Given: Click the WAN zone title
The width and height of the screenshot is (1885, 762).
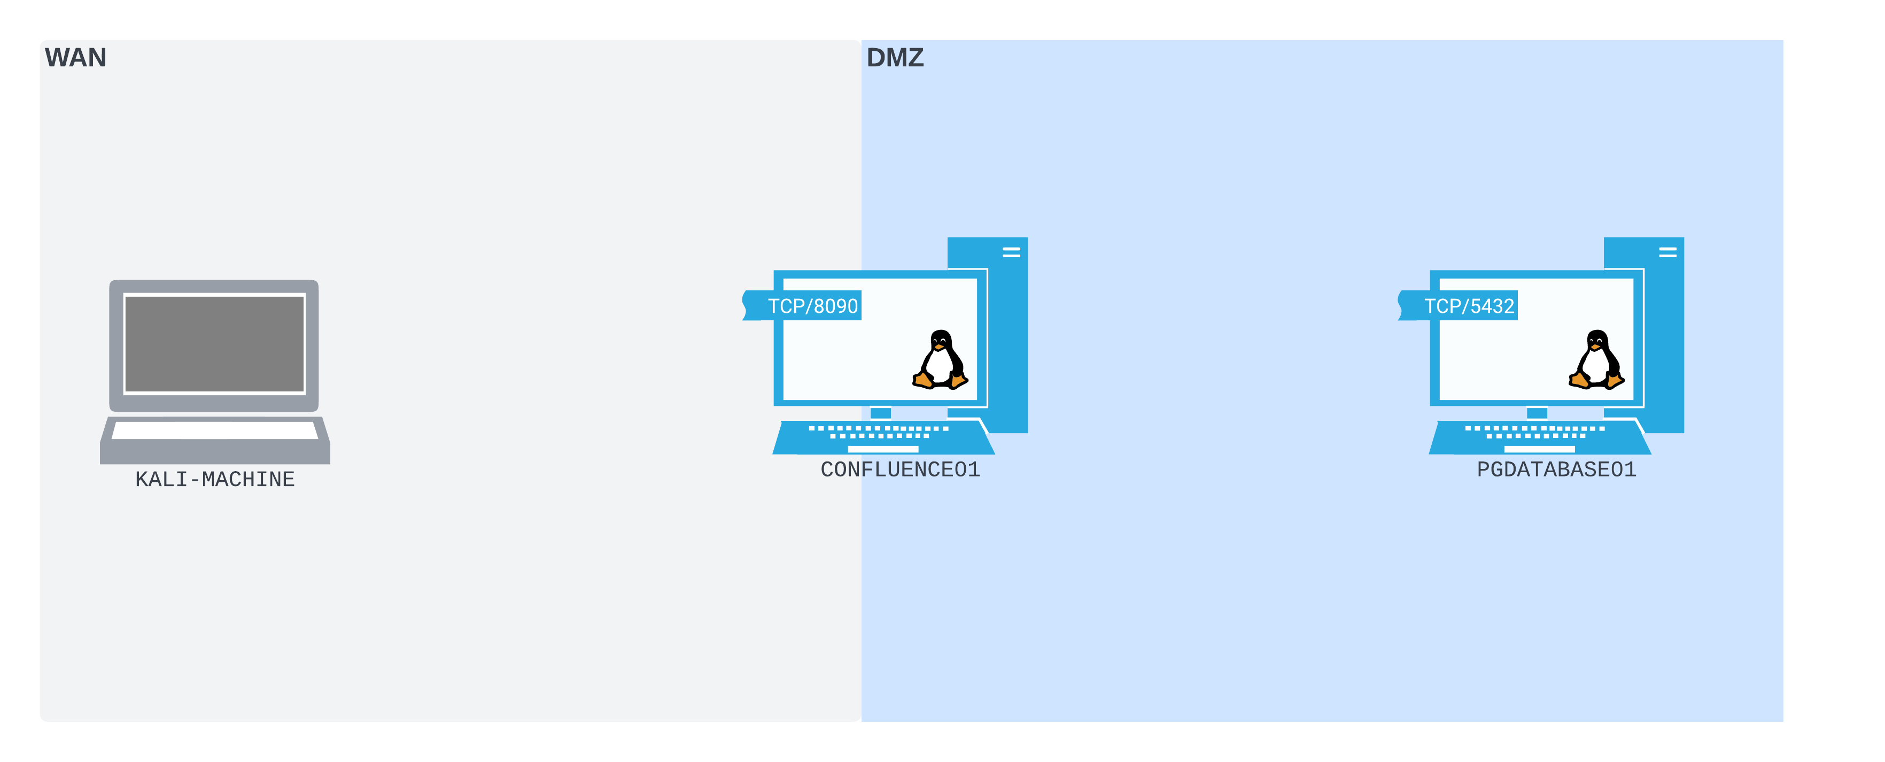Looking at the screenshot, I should point(75,58).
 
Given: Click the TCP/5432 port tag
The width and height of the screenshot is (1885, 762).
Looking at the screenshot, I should point(1468,306).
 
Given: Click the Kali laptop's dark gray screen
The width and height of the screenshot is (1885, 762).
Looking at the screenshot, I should point(214,344).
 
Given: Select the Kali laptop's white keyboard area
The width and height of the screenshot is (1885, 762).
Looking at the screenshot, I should point(214,430).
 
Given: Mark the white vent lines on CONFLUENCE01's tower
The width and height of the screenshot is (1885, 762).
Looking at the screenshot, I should point(1011,252).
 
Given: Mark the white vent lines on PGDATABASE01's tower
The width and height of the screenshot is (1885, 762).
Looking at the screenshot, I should point(1667,252).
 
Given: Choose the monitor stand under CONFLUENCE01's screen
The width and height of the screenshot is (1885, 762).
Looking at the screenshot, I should point(880,413).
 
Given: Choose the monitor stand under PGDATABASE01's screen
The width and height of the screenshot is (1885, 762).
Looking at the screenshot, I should point(1537,413).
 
